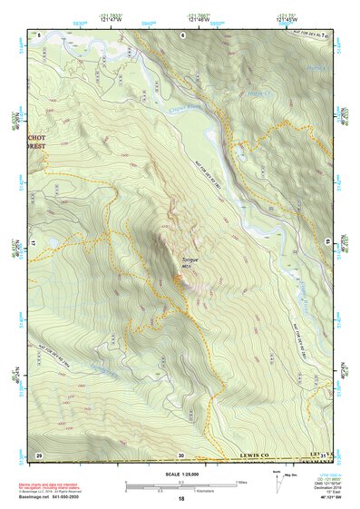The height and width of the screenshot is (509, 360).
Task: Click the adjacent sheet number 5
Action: pos(40,34)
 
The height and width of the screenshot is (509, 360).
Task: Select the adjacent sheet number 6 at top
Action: pos(181,34)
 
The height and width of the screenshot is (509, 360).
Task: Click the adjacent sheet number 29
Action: pos(39,455)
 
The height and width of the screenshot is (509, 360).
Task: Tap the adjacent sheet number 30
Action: pos(181,455)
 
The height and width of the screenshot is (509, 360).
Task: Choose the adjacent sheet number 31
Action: pos(323,455)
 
